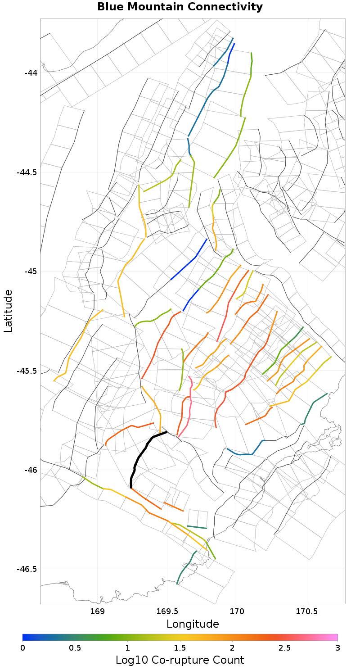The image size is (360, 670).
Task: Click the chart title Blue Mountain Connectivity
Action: (180, 7)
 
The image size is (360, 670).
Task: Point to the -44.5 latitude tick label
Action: (27, 172)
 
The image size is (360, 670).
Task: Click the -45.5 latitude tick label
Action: (27, 371)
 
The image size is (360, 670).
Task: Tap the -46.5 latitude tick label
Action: (27, 569)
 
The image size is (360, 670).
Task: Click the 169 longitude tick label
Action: (97, 611)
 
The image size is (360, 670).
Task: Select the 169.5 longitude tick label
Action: (167, 611)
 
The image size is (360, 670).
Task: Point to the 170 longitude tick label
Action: (237, 611)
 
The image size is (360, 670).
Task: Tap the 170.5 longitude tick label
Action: (307, 611)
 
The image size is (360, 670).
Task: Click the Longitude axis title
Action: (193, 624)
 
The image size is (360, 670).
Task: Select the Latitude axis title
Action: (8, 311)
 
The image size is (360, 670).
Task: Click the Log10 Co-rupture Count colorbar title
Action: (180, 660)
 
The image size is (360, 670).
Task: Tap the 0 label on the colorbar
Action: (23, 647)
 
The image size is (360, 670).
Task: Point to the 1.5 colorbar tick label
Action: (180, 647)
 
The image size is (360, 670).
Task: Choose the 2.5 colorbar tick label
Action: (285, 647)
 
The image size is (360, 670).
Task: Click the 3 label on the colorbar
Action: (337, 647)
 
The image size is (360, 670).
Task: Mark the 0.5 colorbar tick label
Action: (75, 647)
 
